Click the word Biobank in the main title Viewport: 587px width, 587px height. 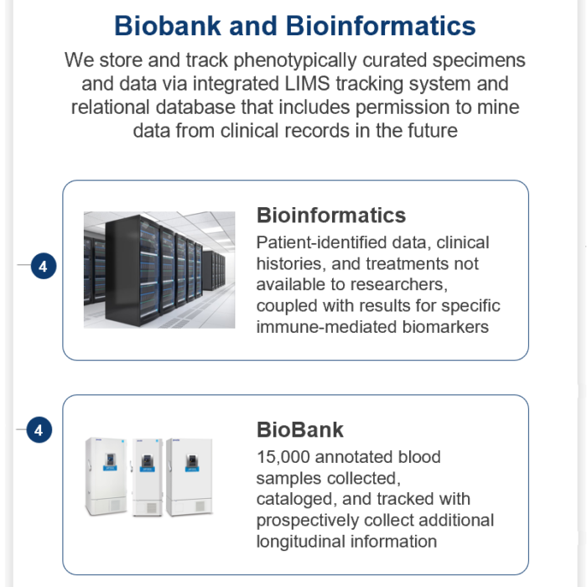168,26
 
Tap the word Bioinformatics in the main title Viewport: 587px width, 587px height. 381,26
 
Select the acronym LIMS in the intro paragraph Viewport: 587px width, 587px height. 307,84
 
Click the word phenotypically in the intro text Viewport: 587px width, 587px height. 295,60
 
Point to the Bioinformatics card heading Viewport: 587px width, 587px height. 331,216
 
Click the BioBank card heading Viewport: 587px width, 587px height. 300,429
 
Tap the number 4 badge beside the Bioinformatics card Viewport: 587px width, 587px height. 44,266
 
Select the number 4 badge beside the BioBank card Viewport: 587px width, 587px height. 39,429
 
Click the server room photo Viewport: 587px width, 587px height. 159,269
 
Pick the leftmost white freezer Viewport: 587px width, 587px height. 106,476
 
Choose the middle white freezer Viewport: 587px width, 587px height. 147,477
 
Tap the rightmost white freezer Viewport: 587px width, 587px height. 190,476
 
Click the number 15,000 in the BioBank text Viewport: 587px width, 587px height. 283,458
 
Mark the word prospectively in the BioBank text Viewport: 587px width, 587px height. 307,521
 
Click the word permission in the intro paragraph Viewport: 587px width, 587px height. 403,107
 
